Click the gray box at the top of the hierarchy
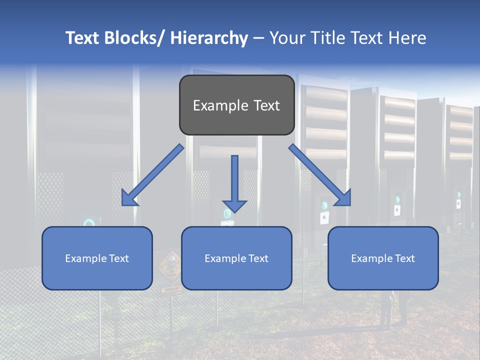[x=236, y=105]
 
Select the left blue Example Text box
[x=97, y=258]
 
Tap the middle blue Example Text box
[x=236, y=258]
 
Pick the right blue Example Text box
[x=383, y=258]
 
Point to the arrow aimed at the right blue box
[x=320, y=175]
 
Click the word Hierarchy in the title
[x=209, y=38]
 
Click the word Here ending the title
[x=408, y=38]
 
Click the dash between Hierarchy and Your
[x=258, y=38]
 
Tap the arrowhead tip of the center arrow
[x=234, y=211]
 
